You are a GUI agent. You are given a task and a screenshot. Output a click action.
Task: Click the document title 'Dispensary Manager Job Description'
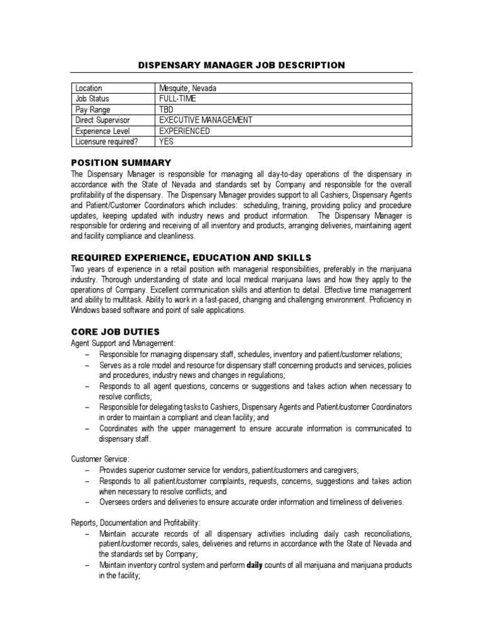coord(241,65)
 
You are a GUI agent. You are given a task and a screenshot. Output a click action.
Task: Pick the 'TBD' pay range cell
coord(167,109)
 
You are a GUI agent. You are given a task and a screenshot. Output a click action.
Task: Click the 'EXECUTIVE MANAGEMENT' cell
coord(206,120)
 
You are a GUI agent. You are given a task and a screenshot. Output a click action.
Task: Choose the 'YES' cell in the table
coord(167,142)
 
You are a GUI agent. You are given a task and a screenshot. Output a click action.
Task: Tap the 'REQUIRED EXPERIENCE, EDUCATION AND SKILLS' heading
coord(191,257)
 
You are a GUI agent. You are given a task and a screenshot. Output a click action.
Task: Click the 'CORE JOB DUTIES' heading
coord(115,331)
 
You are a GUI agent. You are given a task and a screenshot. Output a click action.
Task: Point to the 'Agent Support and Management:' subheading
coord(123,343)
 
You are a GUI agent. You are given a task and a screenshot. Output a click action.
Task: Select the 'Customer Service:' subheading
coord(101,460)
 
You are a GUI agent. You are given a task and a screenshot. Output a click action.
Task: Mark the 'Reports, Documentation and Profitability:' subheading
coord(136,523)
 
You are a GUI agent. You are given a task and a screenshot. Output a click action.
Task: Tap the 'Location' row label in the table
coord(89,88)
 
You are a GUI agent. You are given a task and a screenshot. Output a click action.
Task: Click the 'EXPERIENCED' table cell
coord(185,131)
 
